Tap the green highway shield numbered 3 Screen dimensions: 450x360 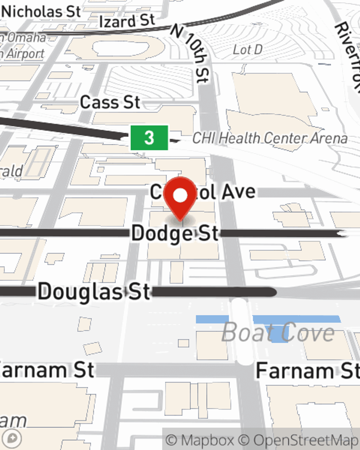click(149, 138)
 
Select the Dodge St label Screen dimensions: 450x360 click(175, 233)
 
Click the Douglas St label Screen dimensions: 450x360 click(94, 291)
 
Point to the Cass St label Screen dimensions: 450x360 click(110, 103)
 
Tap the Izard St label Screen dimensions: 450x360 click(127, 21)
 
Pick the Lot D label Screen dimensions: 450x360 click(247, 50)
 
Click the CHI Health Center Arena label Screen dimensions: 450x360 click(270, 138)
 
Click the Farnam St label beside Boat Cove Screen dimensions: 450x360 click(307, 370)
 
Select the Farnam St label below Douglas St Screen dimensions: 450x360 click(47, 370)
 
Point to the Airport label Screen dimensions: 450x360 click(24, 54)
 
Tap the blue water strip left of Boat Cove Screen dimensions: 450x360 click(212, 319)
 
